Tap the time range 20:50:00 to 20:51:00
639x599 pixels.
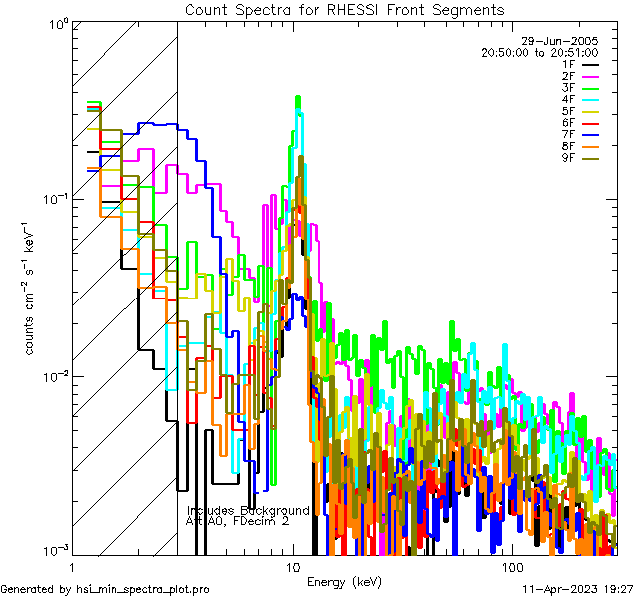[x=539, y=52]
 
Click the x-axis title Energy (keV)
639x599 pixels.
[x=343, y=581]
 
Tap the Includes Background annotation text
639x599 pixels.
[x=248, y=510]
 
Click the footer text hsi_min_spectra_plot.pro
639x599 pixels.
[x=143, y=590]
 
